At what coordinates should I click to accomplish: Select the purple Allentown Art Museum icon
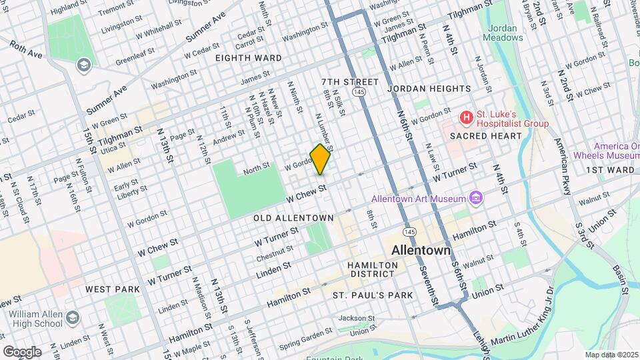tap(475, 197)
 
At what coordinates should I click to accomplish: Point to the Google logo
tap(22, 351)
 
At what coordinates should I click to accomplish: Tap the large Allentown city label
tap(421, 251)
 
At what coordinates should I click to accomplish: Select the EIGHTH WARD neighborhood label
tap(248, 58)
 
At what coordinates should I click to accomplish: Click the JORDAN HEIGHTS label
tap(429, 88)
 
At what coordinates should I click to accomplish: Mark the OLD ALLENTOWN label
tap(293, 218)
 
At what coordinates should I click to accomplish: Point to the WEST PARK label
tap(113, 289)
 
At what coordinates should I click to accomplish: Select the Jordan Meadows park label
tap(505, 33)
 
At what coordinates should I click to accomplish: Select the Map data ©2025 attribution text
tap(611, 355)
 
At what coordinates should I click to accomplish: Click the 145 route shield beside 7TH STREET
tap(359, 91)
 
